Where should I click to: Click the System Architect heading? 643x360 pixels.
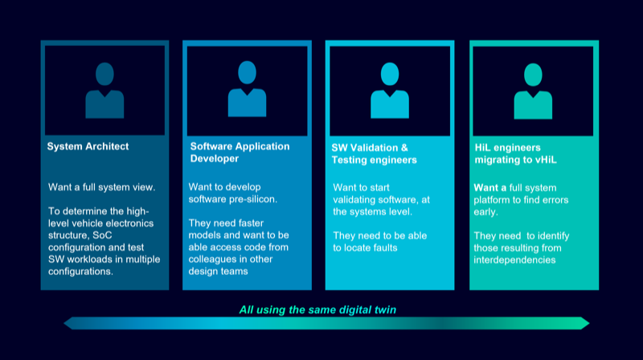point(88,146)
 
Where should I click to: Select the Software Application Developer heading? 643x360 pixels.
point(240,152)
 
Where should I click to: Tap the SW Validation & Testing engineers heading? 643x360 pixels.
point(374,153)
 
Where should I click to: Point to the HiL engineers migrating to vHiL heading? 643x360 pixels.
point(515,153)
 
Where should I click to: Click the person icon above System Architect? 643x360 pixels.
point(104,90)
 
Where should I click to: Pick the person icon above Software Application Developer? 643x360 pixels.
point(248,88)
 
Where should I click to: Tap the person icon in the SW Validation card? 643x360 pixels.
point(390,90)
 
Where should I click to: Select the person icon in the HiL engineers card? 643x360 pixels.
point(533,91)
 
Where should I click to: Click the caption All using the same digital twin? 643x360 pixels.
point(317,309)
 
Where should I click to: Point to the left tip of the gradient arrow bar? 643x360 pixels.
point(64,323)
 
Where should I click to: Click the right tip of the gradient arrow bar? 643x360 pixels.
point(589,323)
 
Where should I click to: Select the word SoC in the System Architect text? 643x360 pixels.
point(102,235)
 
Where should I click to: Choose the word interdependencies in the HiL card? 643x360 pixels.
point(514,260)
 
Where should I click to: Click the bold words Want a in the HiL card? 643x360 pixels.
point(490,188)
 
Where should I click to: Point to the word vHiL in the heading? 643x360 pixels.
point(546,160)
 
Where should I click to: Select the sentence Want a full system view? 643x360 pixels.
point(102,187)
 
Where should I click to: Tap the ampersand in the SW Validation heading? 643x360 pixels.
point(404,148)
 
